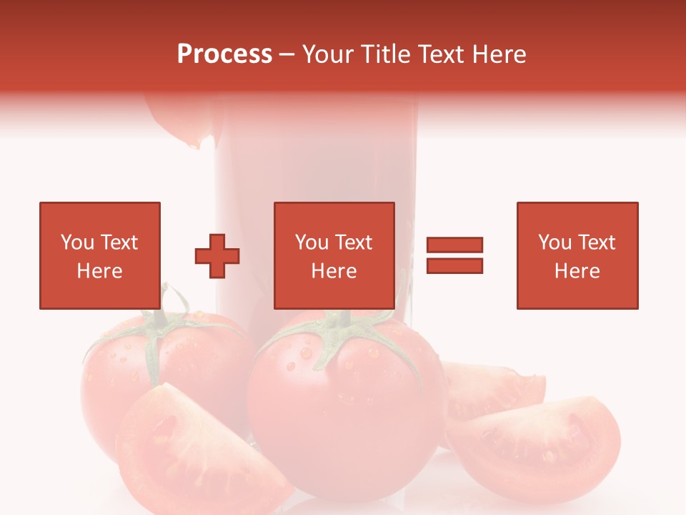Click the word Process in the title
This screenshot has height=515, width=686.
coord(224,54)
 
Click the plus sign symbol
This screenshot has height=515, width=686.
coord(217,255)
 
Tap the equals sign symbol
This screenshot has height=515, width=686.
coord(454,255)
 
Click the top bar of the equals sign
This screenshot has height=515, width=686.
coord(454,245)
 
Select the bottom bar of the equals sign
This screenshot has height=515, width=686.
coord(454,266)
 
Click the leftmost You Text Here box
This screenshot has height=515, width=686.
coord(99,255)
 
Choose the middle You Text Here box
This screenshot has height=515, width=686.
coord(334,255)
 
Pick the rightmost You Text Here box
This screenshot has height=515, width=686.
coord(577,255)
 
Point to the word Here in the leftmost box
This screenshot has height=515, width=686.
coord(99,271)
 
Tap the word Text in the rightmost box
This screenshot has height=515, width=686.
coord(595,242)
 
